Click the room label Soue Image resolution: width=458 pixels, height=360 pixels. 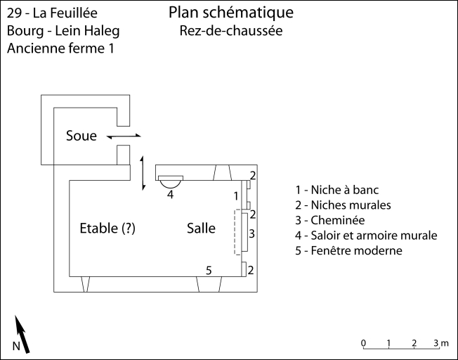click(81, 136)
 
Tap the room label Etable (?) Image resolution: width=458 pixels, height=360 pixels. click(107, 228)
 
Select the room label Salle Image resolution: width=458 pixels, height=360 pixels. click(201, 228)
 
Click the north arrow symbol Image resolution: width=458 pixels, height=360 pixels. click(22, 335)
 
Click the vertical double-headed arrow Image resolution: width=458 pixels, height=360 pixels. click(143, 172)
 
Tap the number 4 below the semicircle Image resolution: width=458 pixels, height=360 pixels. click(170, 195)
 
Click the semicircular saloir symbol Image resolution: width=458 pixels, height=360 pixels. click(170, 181)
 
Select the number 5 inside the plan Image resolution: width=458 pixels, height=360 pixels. click(208, 270)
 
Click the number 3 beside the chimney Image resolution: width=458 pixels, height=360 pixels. click(251, 233)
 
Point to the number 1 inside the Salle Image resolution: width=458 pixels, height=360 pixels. click(236, 195)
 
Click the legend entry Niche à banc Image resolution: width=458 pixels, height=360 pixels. click(341, 190)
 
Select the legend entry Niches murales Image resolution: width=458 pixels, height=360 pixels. click(346, 205)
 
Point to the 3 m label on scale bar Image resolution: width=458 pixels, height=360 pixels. click(440, 342)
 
